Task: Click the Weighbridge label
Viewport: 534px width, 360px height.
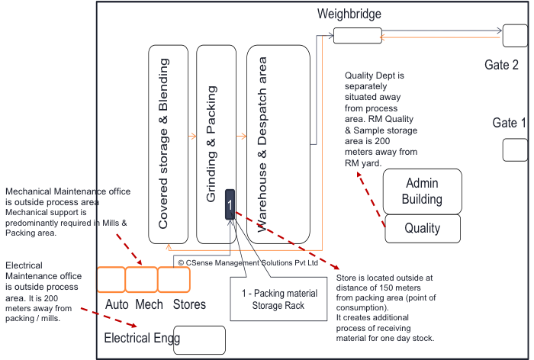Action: pos(349,14)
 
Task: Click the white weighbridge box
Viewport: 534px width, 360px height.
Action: pos(357,35)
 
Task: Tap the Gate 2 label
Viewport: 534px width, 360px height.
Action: pos(501,66)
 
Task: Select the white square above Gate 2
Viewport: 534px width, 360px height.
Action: pos(514,35)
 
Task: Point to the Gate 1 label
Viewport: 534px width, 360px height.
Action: pos(509,123)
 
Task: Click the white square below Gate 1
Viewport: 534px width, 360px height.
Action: pos(515,149)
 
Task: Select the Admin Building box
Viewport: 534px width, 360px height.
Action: pos(423,191)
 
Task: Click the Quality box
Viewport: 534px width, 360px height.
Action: pos(423,228)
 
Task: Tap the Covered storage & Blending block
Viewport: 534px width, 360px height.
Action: pos(168,144)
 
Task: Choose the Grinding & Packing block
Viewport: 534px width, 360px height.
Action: pos(216,144)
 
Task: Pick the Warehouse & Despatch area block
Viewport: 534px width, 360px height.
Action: pos(278,144)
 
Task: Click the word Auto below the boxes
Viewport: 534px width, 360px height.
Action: pos(117,305)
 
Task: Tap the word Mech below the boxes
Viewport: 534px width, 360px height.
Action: pos(150,305)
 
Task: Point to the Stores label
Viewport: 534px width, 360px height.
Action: pos(189,305)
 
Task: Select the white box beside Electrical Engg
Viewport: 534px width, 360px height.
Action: pos(199,340)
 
